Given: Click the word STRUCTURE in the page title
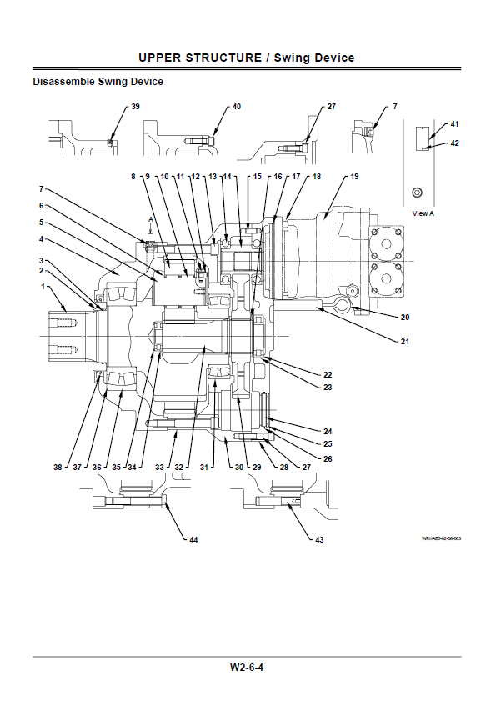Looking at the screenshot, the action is coord(223,58).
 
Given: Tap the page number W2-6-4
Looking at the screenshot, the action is coord(247,668).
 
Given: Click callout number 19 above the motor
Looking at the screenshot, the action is coord(354,177).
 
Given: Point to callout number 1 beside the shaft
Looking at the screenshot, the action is coord(43,286).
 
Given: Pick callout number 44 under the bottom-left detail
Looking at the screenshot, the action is coord(193,540).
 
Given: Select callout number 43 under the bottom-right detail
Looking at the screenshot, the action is coord(319,540).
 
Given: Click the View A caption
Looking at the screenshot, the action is coord(423,213).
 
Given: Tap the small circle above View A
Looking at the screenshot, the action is coord(417,193).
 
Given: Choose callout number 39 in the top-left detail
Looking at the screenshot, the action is coord(135,107).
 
